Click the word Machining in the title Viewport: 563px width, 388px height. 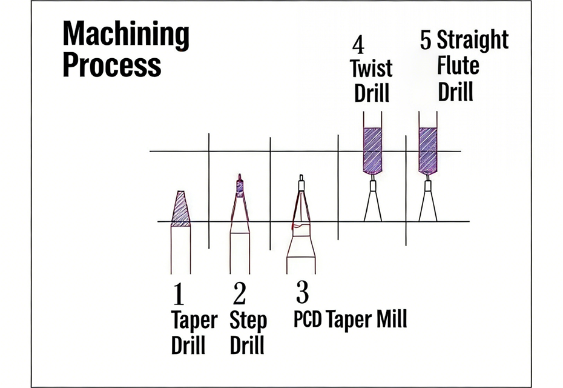point(125,35)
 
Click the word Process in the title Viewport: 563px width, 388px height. point(112,65)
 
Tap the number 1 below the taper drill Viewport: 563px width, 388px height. point(178,295)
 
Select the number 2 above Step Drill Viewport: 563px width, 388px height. point(240,294)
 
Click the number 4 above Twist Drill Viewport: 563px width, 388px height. point(358,45)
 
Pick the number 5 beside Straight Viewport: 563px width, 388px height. point(426,41)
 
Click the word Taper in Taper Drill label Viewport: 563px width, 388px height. point(194,320)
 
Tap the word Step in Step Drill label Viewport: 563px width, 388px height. point(248,320)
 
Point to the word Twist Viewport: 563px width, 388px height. point(372,68)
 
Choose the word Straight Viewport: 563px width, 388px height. point(472,41)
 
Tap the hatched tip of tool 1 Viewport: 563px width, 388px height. point(180,209)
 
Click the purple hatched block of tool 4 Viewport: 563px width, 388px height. point(372,150)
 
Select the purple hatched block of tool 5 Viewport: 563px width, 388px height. point(428,150)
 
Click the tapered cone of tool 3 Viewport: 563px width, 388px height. point(300,209)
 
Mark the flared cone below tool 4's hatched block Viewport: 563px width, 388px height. point(372,206)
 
